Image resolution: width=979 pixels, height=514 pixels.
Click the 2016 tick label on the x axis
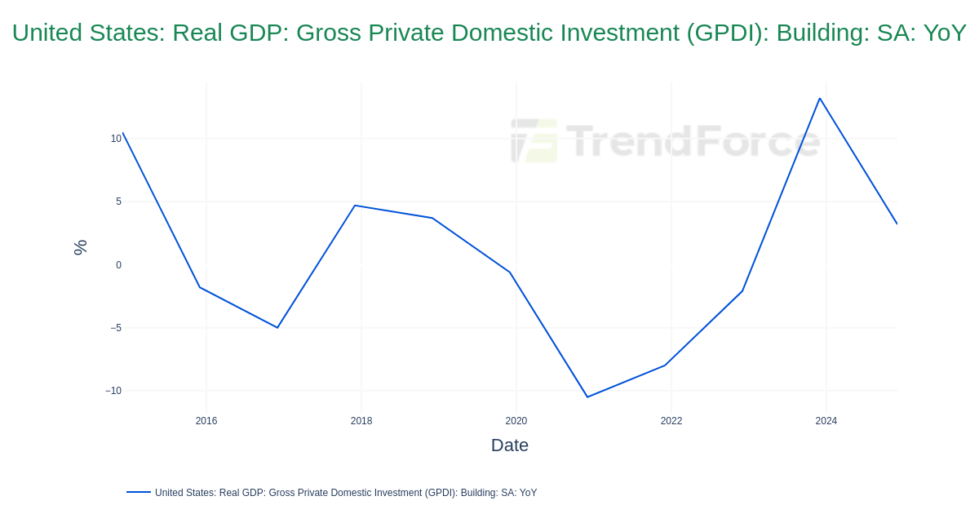[x=206, y=421]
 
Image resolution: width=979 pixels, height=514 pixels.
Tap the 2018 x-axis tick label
[x=361, y=421]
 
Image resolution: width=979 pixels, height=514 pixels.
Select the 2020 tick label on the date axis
[x=516, y=421]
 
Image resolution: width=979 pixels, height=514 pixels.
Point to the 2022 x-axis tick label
[x=671, y=421]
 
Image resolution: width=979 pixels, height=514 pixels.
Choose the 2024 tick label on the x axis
[x=826, y=421]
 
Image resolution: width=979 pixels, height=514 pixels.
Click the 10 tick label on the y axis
[x=116, y=139]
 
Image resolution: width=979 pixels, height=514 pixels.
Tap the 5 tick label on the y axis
[x=118, y=202]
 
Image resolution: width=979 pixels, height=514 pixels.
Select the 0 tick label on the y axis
[x=118, y=265]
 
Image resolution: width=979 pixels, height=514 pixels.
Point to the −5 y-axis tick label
[x=116, y=328]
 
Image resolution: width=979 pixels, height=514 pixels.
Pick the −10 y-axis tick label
[x=113, y=391]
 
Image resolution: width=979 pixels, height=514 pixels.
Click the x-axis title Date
[x=510, y=445]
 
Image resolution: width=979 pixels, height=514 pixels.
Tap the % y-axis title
[x=80, y=247]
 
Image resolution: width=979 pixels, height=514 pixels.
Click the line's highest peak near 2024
[x=820, y=99]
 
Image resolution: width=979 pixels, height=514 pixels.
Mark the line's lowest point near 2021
[x=587, y=397]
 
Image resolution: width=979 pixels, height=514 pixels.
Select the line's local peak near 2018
[x=355, y=206]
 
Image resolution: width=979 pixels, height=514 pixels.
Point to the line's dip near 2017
[x=277, y=328]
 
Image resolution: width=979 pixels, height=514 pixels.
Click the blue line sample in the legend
[x=139, y=492]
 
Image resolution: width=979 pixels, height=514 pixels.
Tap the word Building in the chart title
[x=821, y=33]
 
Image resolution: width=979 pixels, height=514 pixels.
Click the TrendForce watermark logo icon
[x=534, y=140]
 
